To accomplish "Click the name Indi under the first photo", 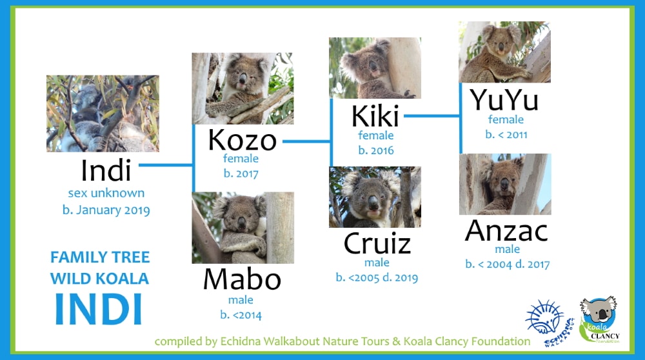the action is (x=106, y=170).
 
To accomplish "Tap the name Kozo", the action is (x=243, y=140).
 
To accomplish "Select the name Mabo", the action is (x=243, y=279).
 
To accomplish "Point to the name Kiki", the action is (x=375, y=116).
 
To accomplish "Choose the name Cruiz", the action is (x=377, y=244).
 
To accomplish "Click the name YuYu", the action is (x=504, y=100).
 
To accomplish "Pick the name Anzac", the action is (x=506, y=231).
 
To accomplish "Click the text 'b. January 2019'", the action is (x=106, y=210).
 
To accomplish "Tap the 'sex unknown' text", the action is (x=106, y=193).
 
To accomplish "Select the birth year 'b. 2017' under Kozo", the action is (x=241, y=174).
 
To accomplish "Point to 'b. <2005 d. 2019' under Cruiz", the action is (x=377, y=277).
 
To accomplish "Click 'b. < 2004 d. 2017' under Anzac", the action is (x=508, y=264).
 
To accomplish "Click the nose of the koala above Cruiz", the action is (x=373, y=202).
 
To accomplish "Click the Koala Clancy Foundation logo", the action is (x=599, y=319).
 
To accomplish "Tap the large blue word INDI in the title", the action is (x=99, y=308).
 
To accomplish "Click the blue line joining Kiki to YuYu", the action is (x=432, y=116).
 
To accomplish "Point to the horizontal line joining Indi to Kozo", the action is (x=166, y=165).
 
